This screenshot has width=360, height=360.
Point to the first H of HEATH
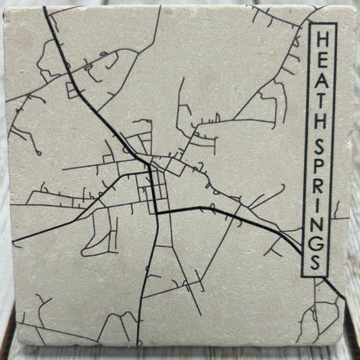[x=318, y=36]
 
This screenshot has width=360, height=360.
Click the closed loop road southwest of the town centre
[x=101, y=233]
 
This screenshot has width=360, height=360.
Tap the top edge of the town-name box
[x=318, y=23]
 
